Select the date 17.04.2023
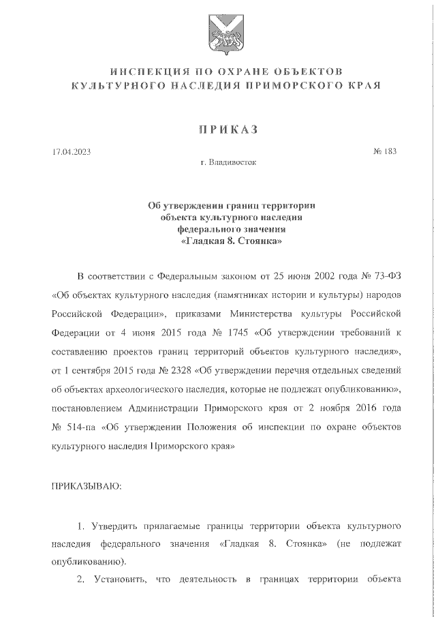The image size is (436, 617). pyautogui.click(x=71, y=151)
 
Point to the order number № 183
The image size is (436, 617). pyautogui.click(x=384, y=151)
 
